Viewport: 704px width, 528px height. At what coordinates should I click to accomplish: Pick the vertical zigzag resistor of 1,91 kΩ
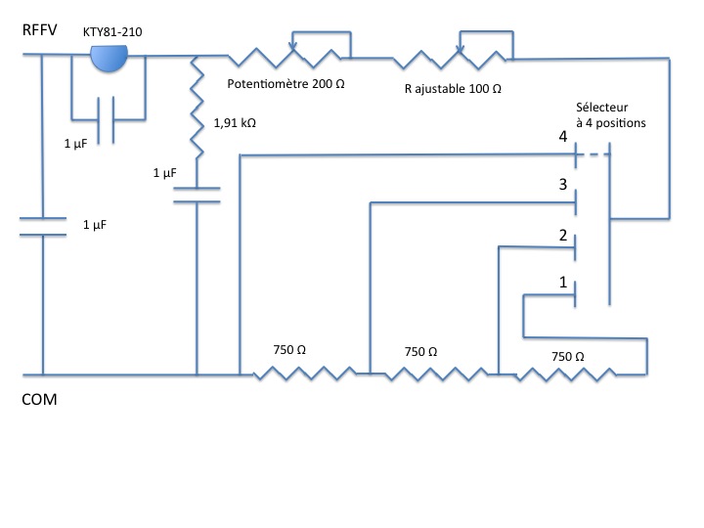click(198, 108)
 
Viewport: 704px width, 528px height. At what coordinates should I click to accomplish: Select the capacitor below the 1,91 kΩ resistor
click(197, 194)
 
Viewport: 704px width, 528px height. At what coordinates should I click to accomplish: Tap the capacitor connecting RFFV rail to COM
click(42, 227)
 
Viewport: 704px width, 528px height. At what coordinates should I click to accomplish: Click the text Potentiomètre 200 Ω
click(286, 85)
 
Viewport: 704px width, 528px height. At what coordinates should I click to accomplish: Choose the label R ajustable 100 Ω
click(453, 88)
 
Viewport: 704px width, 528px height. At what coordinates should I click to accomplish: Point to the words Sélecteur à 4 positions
click(612, 117)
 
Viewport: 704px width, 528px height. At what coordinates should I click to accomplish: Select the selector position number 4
click(563, 138)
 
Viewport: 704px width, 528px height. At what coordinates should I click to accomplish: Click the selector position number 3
click(563, 185)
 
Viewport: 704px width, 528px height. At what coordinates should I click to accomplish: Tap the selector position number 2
click(563, 235)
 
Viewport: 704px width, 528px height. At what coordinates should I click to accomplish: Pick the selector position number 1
click(563, 282)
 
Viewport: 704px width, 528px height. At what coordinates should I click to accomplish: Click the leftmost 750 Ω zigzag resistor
click(304, 373)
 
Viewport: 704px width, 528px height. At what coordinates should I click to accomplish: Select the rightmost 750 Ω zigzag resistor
click(568, 373)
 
